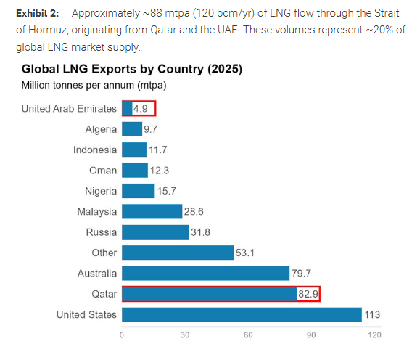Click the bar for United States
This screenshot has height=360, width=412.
pyautogui.click(x=242, y=314)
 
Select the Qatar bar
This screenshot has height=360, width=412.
pyautogui.click(x=209, y=294)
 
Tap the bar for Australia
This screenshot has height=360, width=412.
pyautogui.click(x=205, y=274)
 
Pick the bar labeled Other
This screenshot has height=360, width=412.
pyautogui.click(x=177, y=253)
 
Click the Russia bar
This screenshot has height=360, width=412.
pyautogui.click(x=155, y=232)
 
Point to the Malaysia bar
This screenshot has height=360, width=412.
pyautogui.click(x=152, y=211)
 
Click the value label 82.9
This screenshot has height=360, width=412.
pyautogui.click(x=308, y=294)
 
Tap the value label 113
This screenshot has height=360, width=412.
pyautogui.click(x=372, y=314)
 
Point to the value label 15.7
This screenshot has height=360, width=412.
pyautogui.click(x=168, y=191)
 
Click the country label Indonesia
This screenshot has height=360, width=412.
pyautogui.click(x=94, y=150)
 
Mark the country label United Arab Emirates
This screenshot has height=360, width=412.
pyautogui.click(x=69, y=109)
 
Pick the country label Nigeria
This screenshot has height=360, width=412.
pyautogui.click(x=100, y=191)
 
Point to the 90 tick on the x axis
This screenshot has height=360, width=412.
pyautogui.click(x=311, y=335)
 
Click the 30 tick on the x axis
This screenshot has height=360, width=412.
pyautogui.click(x=185, y=335)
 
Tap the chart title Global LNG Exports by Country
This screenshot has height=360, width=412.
pyautogui.click(x=131, y=70)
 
